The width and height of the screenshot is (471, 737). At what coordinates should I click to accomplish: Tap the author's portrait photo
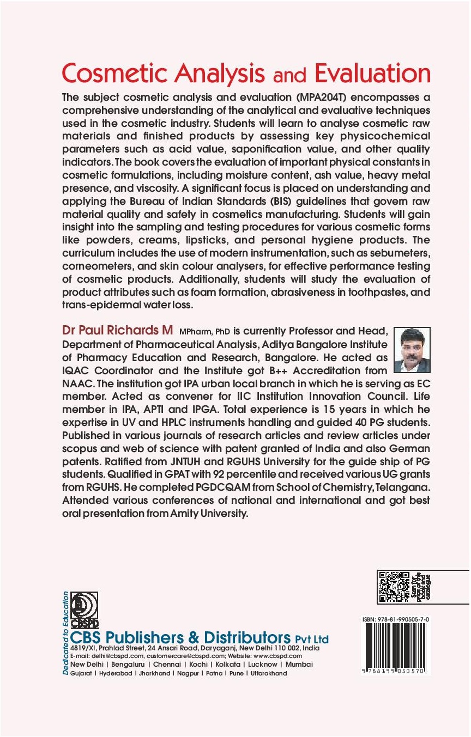(x=412, y=350)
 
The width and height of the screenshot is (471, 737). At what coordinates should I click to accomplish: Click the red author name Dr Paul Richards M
(x=117, y=332)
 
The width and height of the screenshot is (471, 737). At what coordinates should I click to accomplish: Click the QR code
(x=394, y=587)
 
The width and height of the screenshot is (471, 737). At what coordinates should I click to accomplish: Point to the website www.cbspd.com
(x=278, y=656)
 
